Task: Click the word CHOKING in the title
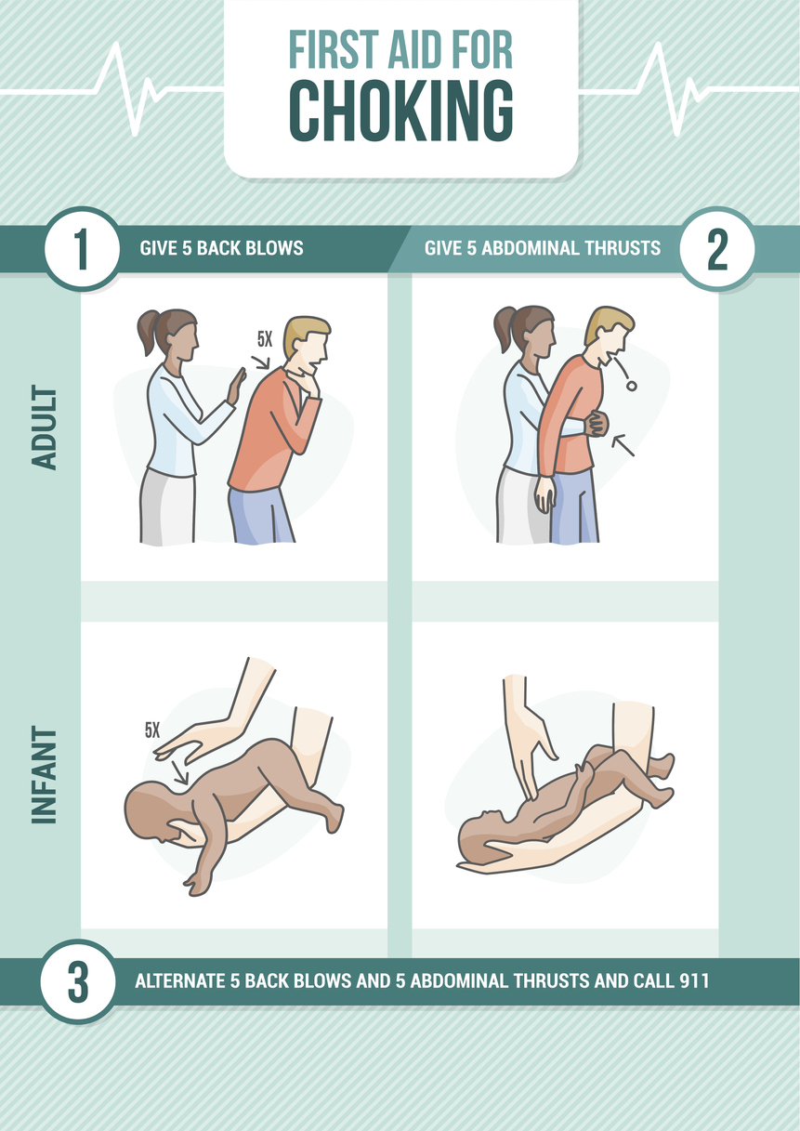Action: point(400,112)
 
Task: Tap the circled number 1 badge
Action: point(82,249)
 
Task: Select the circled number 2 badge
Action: point(717,249)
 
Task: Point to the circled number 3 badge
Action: point(78,981)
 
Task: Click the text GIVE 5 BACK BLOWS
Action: point(221,249)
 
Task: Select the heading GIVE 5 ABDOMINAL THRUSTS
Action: point(542,249)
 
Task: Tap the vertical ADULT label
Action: point(45,427)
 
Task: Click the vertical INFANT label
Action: point(45,775)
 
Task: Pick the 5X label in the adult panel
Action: point(265,340)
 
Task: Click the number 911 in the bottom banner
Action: point(692,981)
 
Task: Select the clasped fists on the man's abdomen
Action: point(595,424)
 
